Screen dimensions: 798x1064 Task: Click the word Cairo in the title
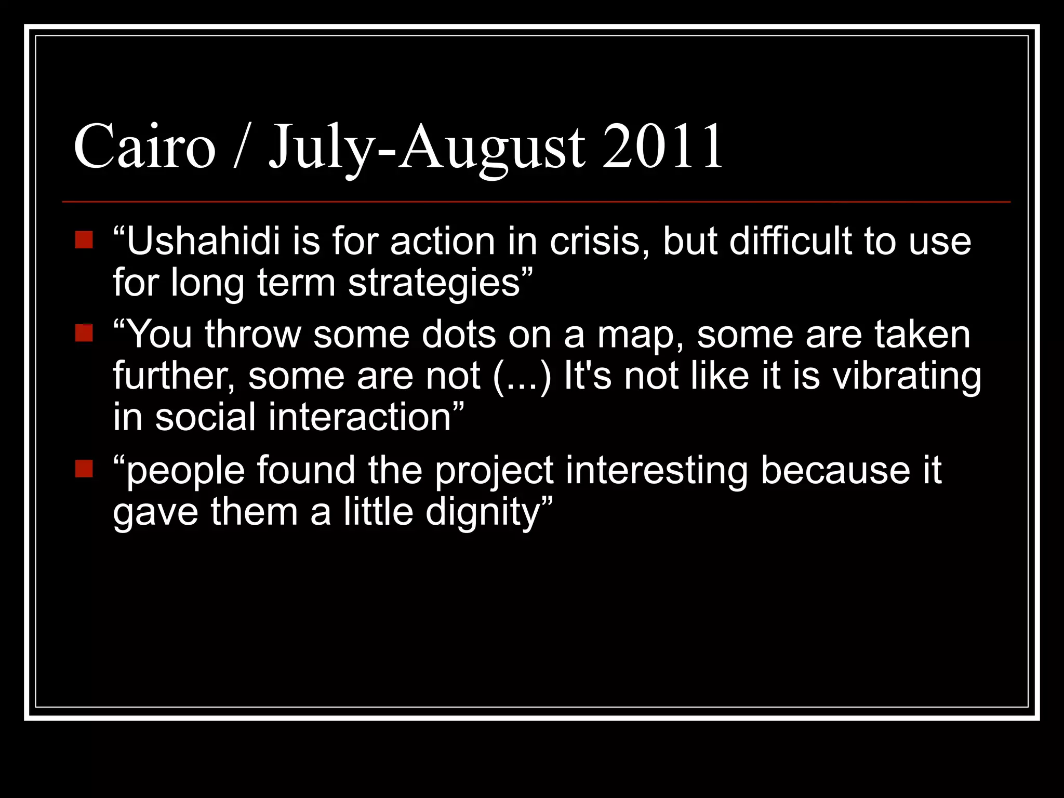coord(144,147)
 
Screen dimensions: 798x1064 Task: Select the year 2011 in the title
coord(662,147)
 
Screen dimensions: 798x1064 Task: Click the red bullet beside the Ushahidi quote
coord(84,240)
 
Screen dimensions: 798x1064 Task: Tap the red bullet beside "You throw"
coord(84,333)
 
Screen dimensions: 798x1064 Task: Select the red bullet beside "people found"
coord(84,469)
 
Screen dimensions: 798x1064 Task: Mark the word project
coord(494,471)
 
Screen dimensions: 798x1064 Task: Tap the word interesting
coord(657,471)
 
